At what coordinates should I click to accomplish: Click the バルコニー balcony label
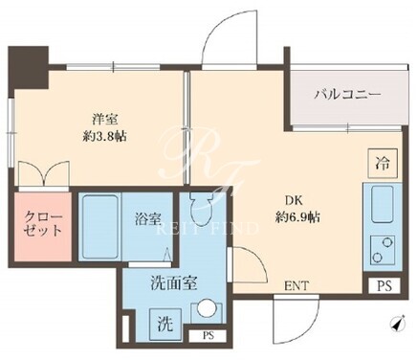(x=347, y=95)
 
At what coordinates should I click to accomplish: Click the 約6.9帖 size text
(x=297, y=217)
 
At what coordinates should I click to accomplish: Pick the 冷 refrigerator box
(x=383, y=164)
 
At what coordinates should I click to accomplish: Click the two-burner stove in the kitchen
(x=383, y=250)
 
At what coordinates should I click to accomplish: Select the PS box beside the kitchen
(x=384, y=285)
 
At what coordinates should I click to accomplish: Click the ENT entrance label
(x=296, y=285)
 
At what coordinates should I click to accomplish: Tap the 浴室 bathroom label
(x=147, y=219)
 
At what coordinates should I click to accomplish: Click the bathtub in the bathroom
(x=99, y=227)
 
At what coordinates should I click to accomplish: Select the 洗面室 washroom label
(x=174, y=282)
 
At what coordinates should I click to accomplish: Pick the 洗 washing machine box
(x=165, y=325)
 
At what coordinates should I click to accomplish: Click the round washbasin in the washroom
(x=207, y=308)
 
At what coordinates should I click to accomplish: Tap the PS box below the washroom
(x=208, y=336)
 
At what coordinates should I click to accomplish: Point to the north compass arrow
(x=397, y=324)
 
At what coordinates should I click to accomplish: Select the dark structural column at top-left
(x=28, y=68)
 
